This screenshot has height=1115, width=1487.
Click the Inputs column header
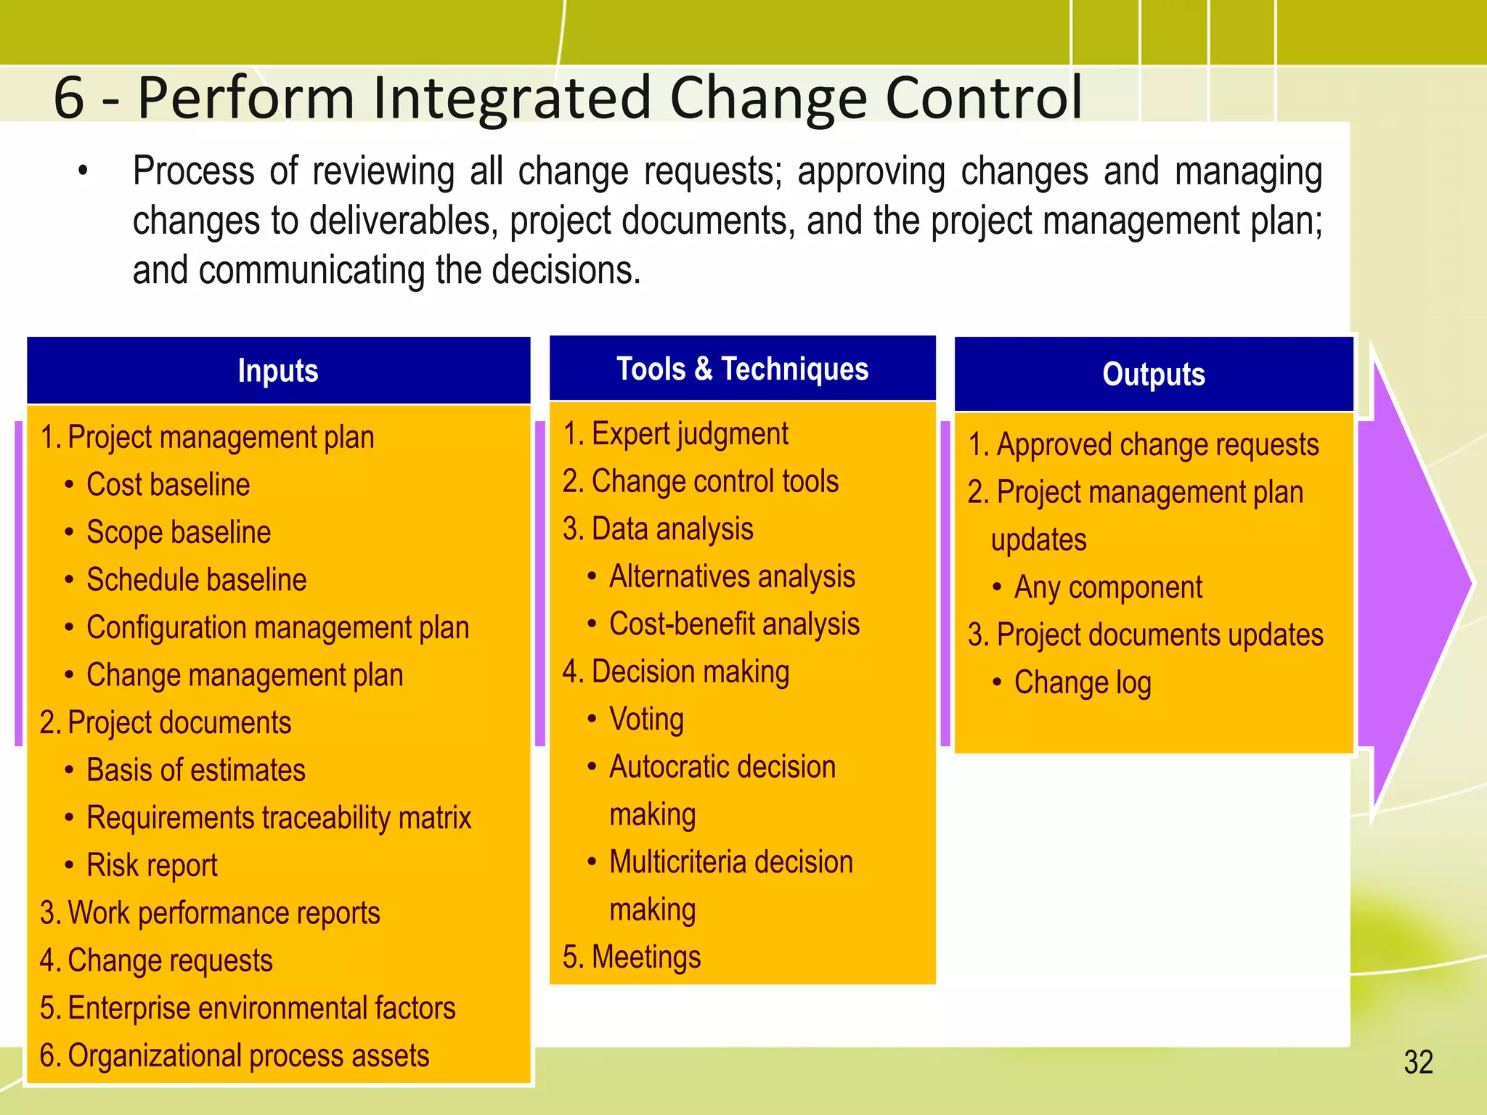click(278, 371)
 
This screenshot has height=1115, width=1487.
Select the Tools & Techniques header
click(742, 369)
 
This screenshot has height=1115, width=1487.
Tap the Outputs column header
click(1153, 375)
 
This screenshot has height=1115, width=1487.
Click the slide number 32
click(1418, 1062)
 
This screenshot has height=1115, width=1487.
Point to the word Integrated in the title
click(509, 98)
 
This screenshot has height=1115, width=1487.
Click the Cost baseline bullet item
click(168, 485)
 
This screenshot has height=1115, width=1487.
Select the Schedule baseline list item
click(196, 580)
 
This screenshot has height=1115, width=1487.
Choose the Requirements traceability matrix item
click(279, 818)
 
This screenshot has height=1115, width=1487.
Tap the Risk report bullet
click(152, 865)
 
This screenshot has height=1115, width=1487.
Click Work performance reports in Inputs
click(223, 913)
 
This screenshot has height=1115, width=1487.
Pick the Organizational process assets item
click(248, 1055)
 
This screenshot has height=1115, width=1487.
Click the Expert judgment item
click(689, 434)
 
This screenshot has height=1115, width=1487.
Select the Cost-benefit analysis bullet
click(734, 624)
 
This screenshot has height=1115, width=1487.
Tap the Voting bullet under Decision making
click(646, 719)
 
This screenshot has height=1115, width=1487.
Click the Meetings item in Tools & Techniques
click(645, 957)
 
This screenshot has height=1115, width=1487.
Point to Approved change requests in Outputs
click(1157, 444)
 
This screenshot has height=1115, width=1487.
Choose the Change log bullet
click(1082, 682)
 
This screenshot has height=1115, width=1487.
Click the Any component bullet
click(1108, 587)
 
